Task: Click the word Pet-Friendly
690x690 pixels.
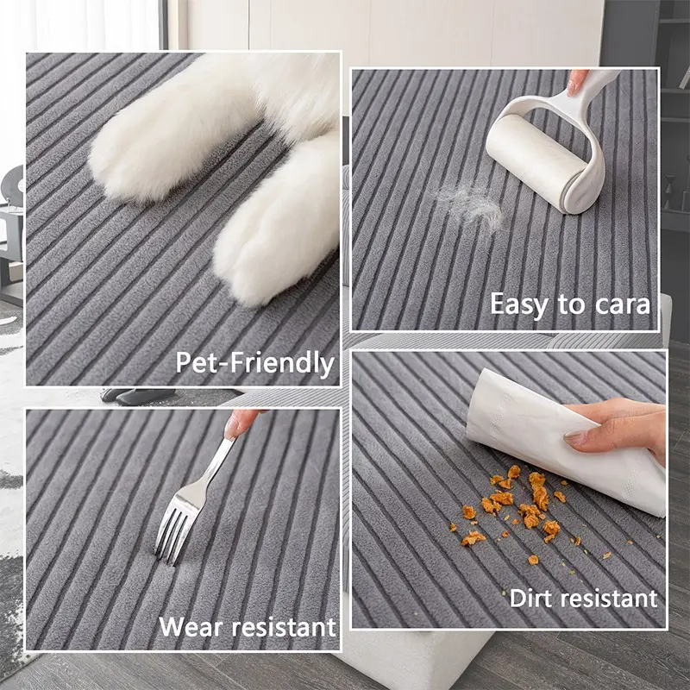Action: pyautogui.click(x=254, y=363)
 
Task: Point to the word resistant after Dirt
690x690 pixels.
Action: pyautogui.click(x=605, y=599)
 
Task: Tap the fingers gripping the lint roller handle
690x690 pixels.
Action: pyautogui.click(x=577, y=82)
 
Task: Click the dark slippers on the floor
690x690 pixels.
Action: pyautogui.click(x=137, y=396)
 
